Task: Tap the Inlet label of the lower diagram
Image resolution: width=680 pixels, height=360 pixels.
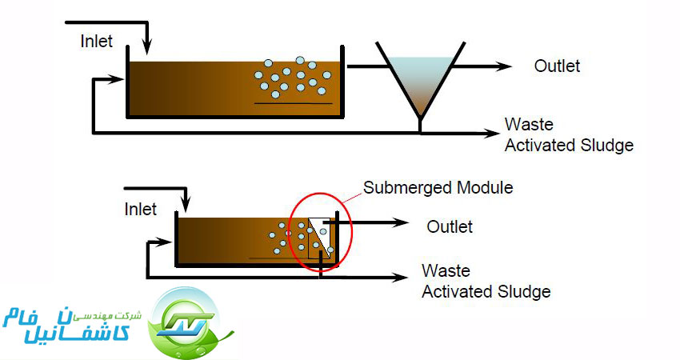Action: [141, 210]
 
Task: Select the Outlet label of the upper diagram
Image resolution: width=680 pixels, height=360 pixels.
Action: [557, 66]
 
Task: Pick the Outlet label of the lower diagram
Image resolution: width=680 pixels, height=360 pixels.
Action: [449, 226]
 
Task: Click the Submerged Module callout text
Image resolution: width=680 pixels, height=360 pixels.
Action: [438, 188]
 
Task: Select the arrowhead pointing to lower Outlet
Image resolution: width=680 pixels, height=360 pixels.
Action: [403, 226]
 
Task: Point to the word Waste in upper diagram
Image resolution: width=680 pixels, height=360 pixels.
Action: [528, 125]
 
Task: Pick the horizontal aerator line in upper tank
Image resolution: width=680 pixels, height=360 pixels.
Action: [293, 104]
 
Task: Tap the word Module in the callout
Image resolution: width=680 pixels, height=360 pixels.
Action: [486, 188]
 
